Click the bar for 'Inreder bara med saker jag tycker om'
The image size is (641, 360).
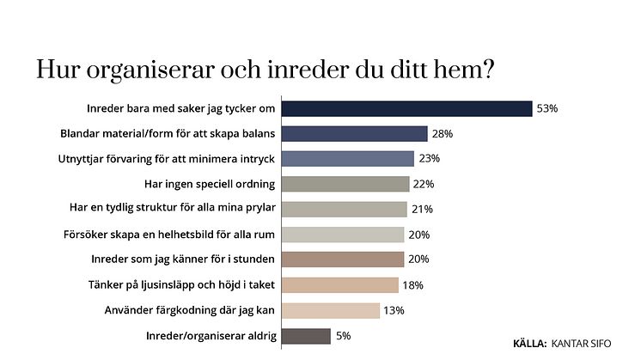point(407,108)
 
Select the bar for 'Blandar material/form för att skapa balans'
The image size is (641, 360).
point(355,133)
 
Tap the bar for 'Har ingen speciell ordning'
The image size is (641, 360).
point(345,184)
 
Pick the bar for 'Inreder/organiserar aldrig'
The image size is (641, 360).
point(306,336)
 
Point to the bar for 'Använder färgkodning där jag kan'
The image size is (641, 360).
point(331,310)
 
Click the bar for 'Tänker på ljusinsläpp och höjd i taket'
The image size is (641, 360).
point(340,285)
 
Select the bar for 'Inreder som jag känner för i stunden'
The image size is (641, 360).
point(343,259)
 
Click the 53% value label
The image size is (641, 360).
point(547,109)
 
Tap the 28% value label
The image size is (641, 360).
point(443,134)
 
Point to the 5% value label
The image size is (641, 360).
point(344,336)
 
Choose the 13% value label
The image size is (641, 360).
point(395,311)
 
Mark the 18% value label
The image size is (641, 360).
point(413,285)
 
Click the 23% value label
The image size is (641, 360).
point(430,159)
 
